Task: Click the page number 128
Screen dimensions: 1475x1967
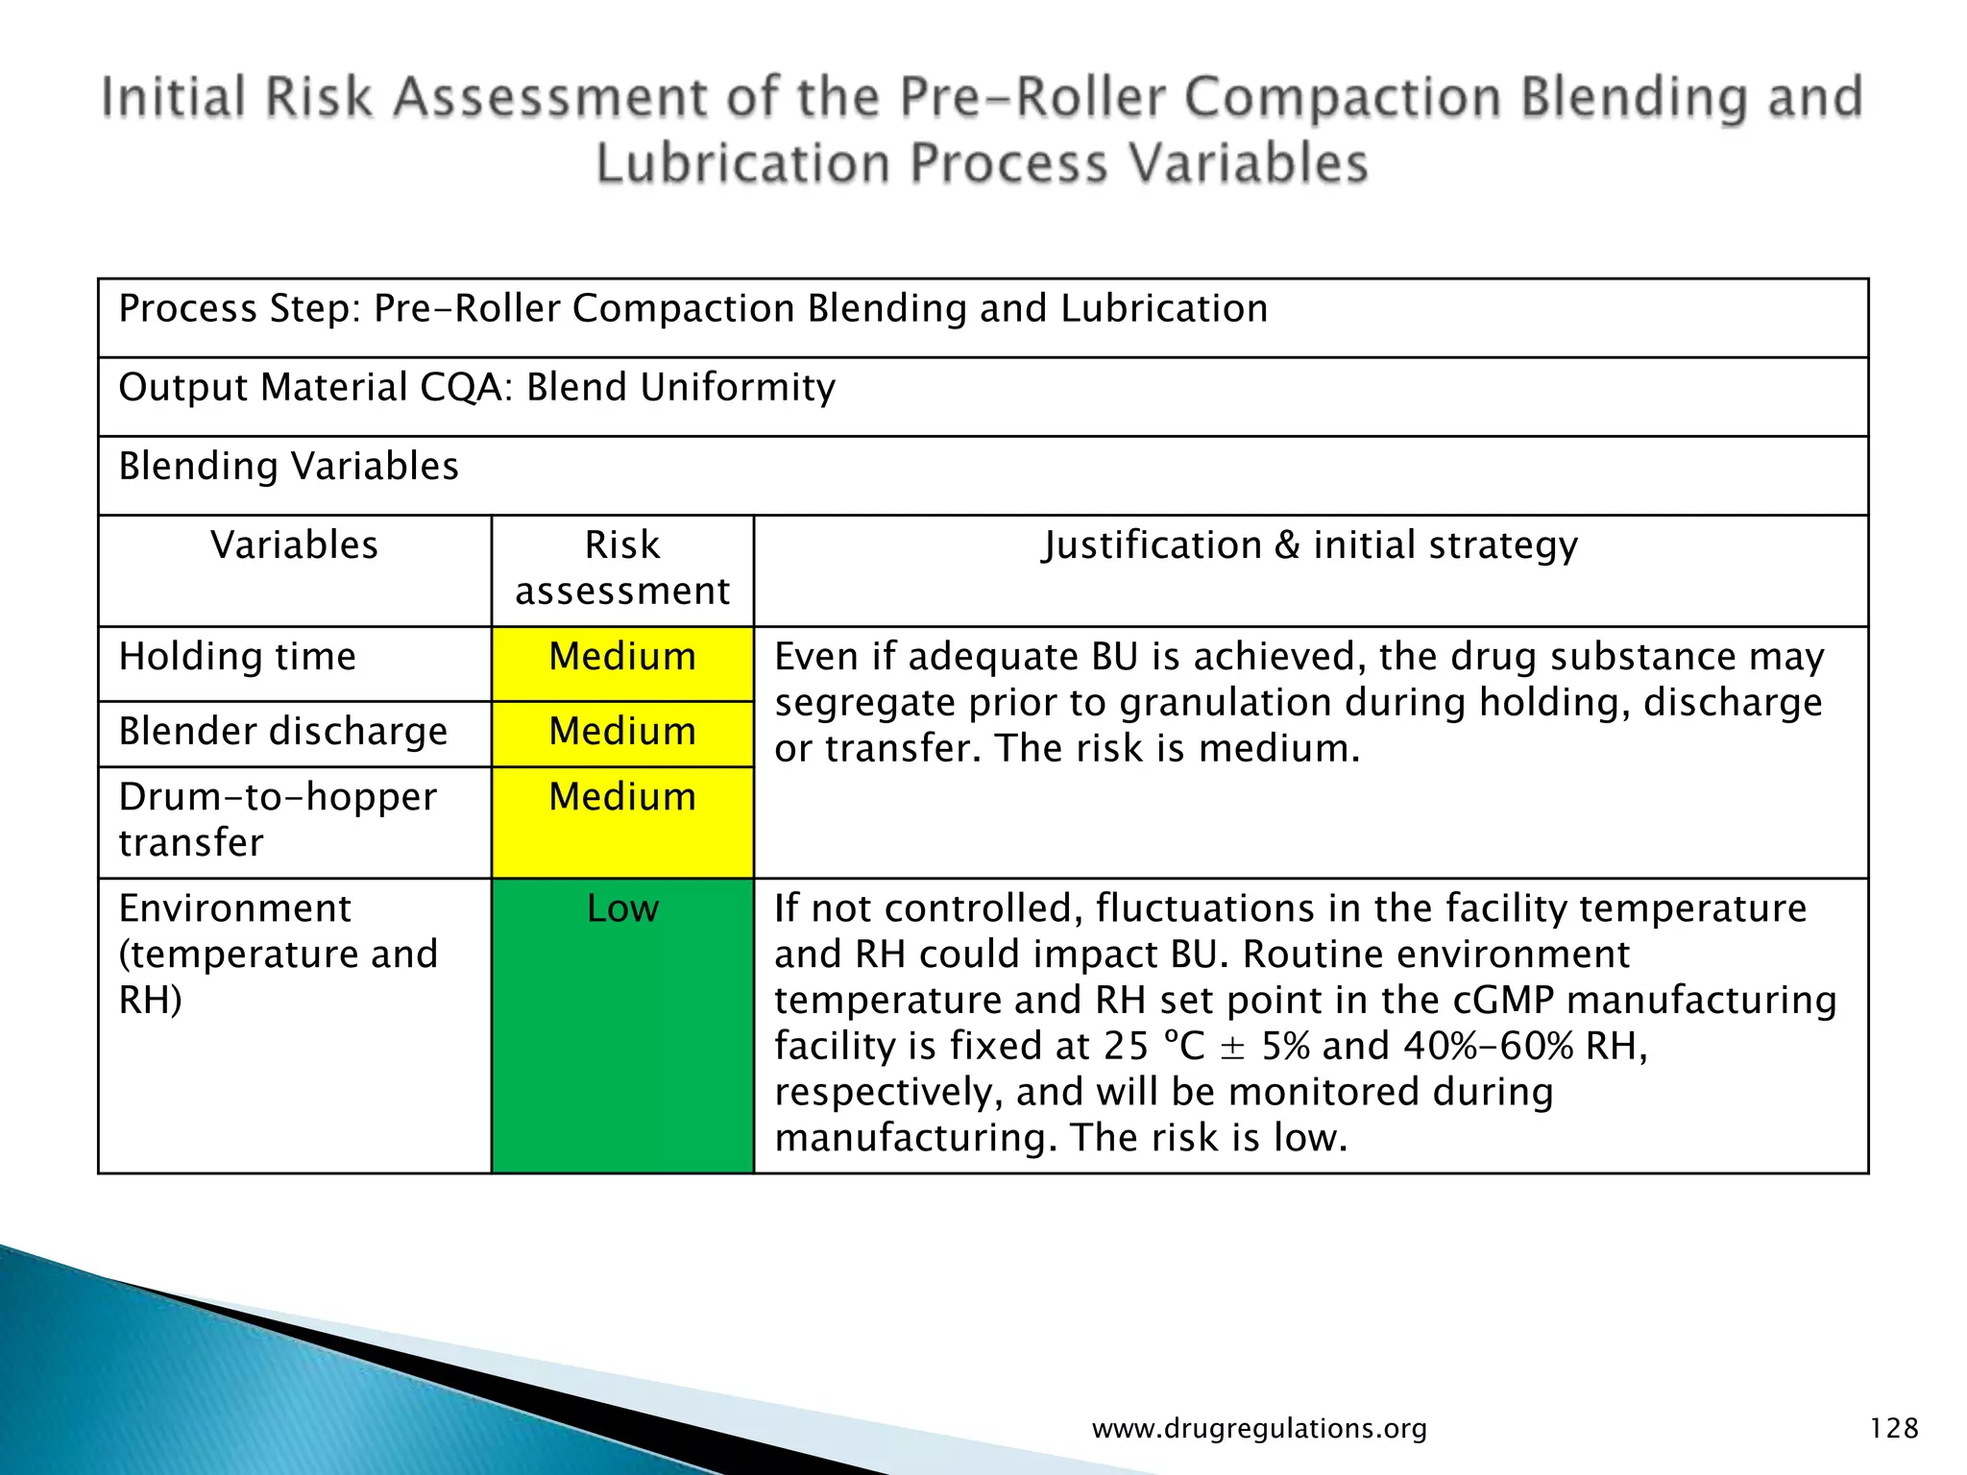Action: pyautogui.click(x=1894, y=1428)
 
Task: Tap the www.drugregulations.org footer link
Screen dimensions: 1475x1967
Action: pyautogui.click(x=1259, y=1429)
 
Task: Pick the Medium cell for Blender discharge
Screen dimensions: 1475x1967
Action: pyautogui.click(x=622, y=732)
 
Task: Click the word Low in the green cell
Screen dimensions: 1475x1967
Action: pyautogui.click(x=622, y=908)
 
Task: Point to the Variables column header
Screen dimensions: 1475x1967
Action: pyautogui.click(x=294, y=545)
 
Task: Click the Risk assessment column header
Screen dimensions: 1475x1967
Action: pyautogui.click(x=622, y=568)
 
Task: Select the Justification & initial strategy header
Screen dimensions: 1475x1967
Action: pyautogui.click(x=1310, y=545)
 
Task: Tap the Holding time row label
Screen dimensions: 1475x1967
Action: pyautogui.click(x=237, y=658)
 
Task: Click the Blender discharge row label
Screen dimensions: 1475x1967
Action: pyautogui.click(x=282, y=732)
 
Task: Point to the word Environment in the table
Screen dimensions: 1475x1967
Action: pyautogui.click(x=234, y=908)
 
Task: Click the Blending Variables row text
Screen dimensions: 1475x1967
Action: pyautogui.click(x=288, y=467)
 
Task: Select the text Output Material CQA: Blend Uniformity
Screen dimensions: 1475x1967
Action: pyautogui.click(x=476, y=388)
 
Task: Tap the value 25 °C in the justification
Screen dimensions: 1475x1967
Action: pyautogui.click(x=1153, y=1046)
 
